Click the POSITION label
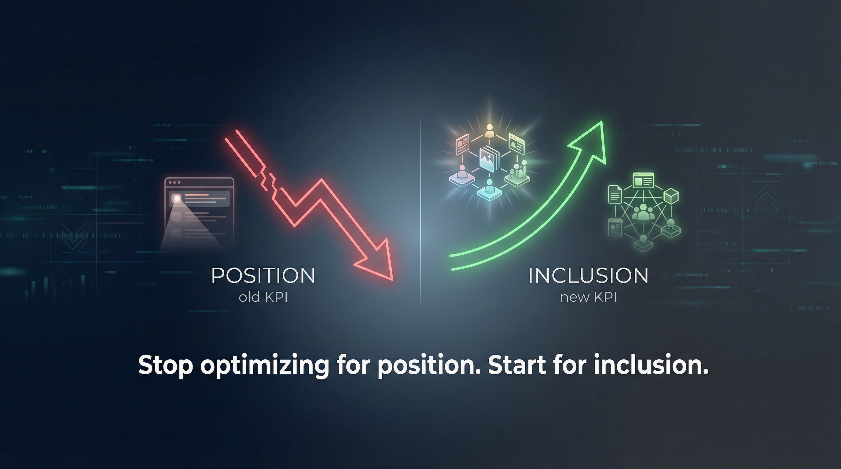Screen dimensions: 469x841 pos(263,276)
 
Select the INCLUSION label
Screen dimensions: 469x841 pos(588,276)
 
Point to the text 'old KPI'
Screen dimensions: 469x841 pos(263,297)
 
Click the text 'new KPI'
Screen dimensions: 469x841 pos(588,297)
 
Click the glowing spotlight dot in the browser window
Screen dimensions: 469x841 pos(177,198)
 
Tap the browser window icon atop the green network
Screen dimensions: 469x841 pos(643,180)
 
